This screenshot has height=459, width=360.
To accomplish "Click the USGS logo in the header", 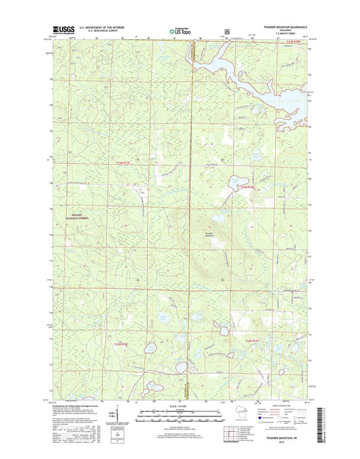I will tap(63, 30).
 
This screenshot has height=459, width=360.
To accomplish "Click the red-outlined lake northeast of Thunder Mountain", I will tap(237, 183).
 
